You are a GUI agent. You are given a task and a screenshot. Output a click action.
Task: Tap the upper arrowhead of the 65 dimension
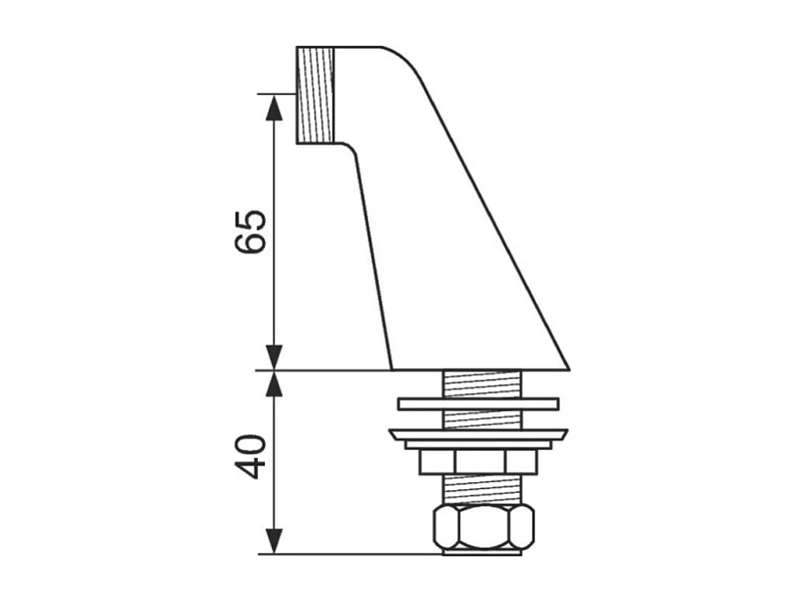click(274, 106)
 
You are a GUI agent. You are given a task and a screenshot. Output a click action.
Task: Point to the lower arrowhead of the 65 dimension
click(274, 358)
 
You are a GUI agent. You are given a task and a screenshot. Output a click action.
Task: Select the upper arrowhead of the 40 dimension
click(274, 383)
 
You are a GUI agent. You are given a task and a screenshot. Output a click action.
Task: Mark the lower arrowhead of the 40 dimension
click(274, 541)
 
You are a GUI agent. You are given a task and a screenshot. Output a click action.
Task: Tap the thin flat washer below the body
click(479, 404)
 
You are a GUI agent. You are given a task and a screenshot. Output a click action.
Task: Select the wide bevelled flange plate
click(479, 435)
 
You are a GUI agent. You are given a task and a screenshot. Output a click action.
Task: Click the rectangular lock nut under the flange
click(479, 461)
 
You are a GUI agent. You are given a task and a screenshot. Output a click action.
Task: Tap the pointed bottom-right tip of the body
click(566, 366)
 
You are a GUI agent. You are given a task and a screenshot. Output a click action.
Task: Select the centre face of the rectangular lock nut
click(479, 461)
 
